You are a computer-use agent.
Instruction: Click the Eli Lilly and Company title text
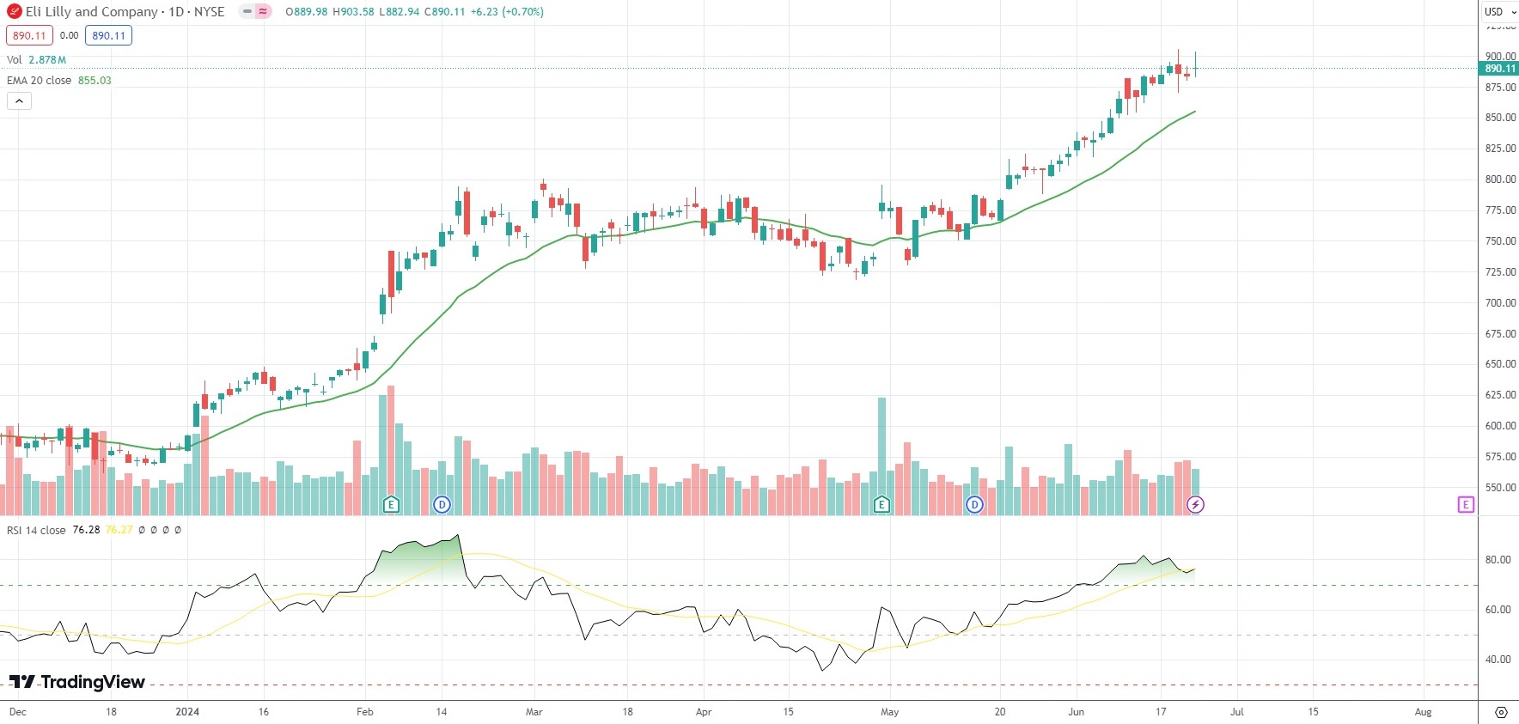(x=91, y=12)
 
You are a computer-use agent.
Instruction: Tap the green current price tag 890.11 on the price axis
(x=1499, y=69)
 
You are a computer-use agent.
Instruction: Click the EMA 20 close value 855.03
(x=95, y=81)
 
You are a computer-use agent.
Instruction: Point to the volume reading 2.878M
(x=47, y=60)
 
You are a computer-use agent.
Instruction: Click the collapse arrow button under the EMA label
(x=19, y=101)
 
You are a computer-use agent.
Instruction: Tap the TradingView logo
(x=77, y=682)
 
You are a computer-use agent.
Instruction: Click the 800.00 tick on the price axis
(x=1500, y=179)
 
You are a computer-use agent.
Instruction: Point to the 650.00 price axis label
(x=1500, y=364)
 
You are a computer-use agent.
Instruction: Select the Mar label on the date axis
(x=534, y=712)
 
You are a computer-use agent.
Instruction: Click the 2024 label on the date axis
(x=186, y=712)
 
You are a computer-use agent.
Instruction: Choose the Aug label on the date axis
(x=1423, y=712)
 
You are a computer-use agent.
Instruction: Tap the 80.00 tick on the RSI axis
(x=1498, y=560)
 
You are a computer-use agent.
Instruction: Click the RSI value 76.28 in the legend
(x=86, y=530)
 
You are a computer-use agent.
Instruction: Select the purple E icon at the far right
(x=1466, y=504)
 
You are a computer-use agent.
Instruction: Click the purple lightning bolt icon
(x=1195, y=504)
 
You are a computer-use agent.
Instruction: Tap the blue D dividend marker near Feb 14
(x=442, y=504)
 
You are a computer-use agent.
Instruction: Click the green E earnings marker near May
(x=882, y=504)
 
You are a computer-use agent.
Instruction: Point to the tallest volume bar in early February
(x=391, y=447)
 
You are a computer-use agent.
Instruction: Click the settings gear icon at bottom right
(x=1501, y=712)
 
